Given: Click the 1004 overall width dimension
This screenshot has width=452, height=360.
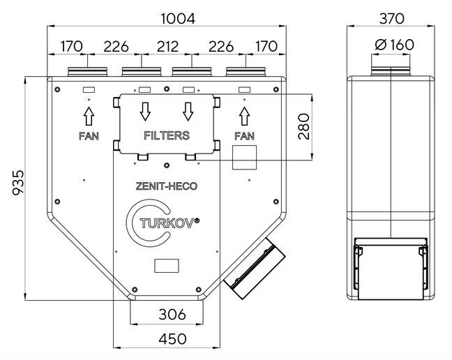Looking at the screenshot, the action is click(x=178, y=19).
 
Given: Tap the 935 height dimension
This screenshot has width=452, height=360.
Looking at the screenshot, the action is click(x=18, y=183).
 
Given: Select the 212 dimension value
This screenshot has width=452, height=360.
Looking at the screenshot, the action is click(x=167, y=46).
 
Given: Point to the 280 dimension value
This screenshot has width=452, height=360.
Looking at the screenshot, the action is click(x=304, y=126).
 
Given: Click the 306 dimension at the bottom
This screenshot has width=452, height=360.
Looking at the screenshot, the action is click(x=172, y=314).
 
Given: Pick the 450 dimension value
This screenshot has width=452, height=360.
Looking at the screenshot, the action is click(x=172, y=339).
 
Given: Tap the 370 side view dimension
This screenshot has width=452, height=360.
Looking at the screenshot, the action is click(x=392, y=19).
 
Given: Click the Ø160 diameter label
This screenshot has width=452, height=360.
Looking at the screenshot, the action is click(x=395, y=45).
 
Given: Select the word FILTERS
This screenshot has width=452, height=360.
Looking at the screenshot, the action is click(x=167, y=135).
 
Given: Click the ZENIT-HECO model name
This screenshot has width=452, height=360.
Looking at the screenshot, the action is click(x=166, y=186).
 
